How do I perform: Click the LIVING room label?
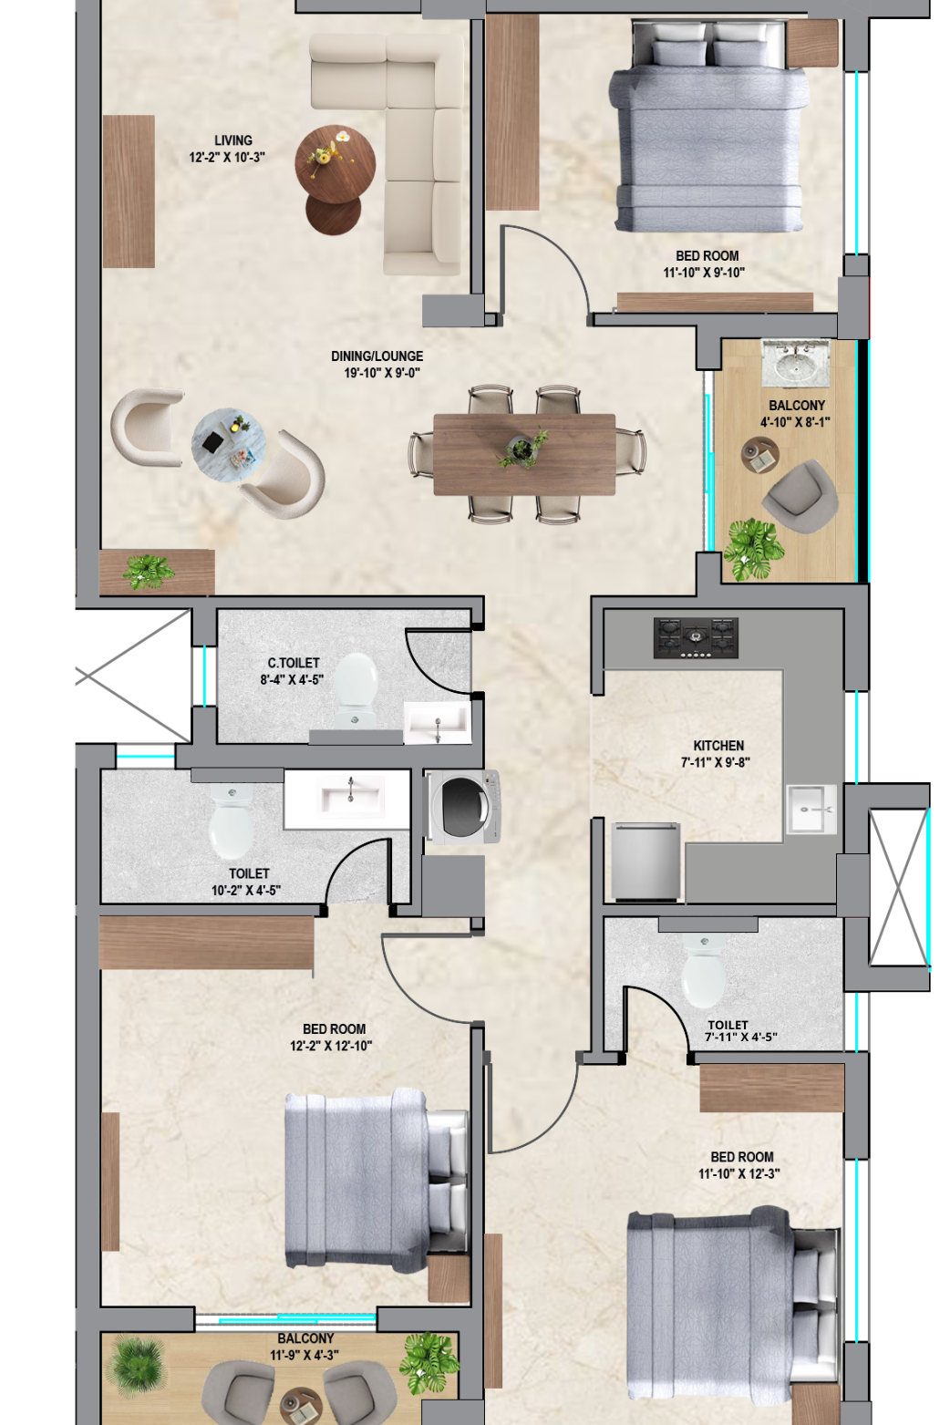pos(232,140)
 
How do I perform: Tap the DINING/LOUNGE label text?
pos(377,356)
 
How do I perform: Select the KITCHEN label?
pos(718,746)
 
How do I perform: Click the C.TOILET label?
pos(294,663)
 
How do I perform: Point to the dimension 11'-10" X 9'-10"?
pos(704,273)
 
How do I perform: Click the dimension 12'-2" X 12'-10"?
pos(331,1045)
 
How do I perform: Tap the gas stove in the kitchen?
pos(696,637)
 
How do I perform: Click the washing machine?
pos(462,806)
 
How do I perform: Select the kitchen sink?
pos(812,810)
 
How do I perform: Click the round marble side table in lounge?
pos(228,445)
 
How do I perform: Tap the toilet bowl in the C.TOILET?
pos(355,690)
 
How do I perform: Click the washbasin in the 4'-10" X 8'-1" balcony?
pos(796,363)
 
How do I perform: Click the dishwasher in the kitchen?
pos(645,862)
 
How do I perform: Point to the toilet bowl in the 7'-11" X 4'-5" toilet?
pos(703,970)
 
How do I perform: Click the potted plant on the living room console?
pos(149,572)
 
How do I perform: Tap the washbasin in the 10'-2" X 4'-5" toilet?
pos(351,798)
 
